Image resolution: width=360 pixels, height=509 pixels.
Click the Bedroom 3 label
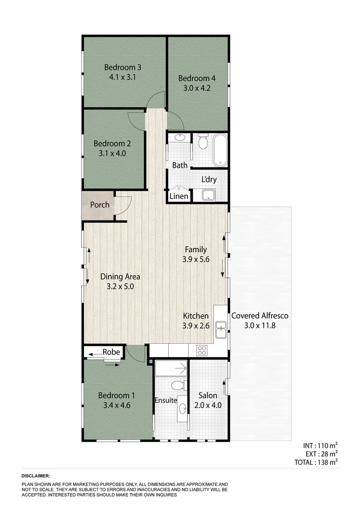[123, 67]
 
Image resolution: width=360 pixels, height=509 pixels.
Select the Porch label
[100, 205]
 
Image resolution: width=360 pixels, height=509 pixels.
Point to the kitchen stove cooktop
[202, 350]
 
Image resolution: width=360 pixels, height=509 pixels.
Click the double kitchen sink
[221, 330]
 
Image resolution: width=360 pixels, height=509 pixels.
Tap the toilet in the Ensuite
[177, 386]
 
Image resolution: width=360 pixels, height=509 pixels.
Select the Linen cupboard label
[179, 196]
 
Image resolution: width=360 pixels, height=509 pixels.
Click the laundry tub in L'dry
[209, 195]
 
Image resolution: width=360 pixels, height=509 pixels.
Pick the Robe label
[111, 352]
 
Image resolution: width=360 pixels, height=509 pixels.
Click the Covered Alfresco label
[260, 316]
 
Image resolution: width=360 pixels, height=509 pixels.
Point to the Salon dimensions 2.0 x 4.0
[208, 405]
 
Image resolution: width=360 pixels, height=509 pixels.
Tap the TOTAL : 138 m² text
[314, 462]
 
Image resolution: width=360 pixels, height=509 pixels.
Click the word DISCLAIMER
[36, 476]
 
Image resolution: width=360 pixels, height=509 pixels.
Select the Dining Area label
[120, 277]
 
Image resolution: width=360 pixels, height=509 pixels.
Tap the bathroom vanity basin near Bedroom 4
[180, 138]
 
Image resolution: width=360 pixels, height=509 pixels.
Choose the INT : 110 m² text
[320, 445]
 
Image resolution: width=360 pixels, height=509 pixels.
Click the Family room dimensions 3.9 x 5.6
[196, 259]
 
